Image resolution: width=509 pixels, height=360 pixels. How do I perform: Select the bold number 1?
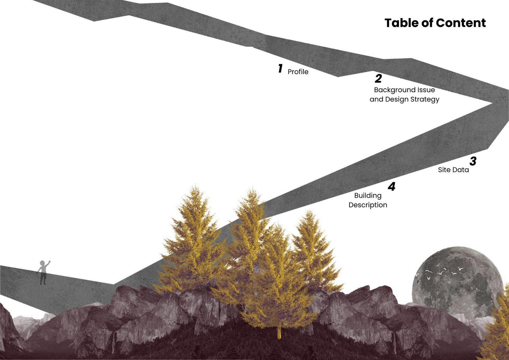(280, 68)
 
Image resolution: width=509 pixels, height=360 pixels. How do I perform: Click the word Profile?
(298, 72)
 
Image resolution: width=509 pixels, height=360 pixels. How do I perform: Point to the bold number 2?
(378, 78)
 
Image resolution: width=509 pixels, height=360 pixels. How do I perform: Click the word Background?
(391, 90)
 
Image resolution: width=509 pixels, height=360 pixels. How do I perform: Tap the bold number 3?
(473, 161)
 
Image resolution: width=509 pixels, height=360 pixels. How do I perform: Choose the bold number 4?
(392, 186)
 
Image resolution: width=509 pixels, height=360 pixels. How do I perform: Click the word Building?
(368, 195)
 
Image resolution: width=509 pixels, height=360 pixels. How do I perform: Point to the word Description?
(368, 205)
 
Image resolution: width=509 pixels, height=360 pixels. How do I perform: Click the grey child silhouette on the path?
(43, 272)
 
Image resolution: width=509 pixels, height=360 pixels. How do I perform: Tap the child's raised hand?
(49, 261)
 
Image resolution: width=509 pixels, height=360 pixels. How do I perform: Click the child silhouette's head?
(43, 263)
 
